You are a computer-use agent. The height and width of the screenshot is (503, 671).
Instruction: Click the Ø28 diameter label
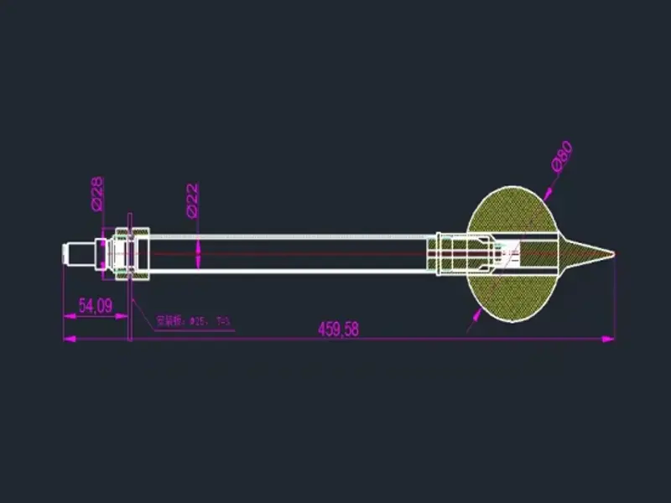pyautogui.click(x=96, y=193)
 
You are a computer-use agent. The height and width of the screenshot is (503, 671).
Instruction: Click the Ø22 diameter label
pyautogui.click(x=192, y=201)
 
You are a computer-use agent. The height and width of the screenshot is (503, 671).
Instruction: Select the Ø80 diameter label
pyautogui.click(x=562, y=157)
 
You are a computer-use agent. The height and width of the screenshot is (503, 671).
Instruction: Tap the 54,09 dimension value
pyautogui.click(x=96, y=306)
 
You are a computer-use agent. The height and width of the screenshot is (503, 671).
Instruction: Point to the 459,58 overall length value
pyautogui.click(x=338, y=329)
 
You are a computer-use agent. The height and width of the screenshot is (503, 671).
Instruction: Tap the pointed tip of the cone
pyautogui.click(x=616, y=253)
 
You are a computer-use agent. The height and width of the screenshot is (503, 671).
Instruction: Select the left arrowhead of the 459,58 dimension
pyautogui.click(x=70, y=339)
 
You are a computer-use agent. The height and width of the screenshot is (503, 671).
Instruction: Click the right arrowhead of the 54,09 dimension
pyautogui.click(x=123, y=316)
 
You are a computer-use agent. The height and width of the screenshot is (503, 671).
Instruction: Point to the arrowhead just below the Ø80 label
pyautogui.click(x=547, y=194)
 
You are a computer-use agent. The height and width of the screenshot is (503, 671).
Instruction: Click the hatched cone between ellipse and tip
pyautogui.click(x=579, y=252)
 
